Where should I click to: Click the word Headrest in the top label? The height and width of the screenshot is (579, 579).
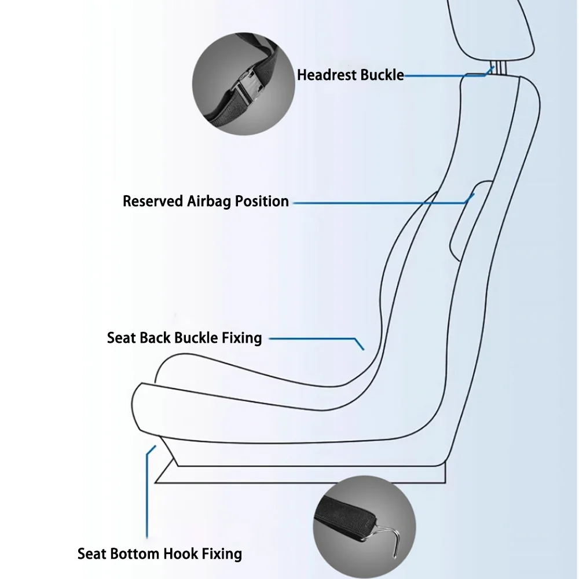click(327, 75)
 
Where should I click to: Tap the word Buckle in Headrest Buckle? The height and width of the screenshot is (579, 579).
click(382, 75)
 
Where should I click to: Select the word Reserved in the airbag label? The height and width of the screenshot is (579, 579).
click(153, 201)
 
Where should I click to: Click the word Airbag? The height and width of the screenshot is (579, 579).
click(209, 202)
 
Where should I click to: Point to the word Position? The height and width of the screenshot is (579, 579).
click(262, 201)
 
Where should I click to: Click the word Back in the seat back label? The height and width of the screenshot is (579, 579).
click(155, 338)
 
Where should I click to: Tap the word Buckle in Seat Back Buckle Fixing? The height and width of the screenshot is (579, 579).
click(196, 338)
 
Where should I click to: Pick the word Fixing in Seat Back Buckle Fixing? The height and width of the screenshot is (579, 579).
click(242, 339)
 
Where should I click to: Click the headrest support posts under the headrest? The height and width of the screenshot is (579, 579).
click(499, 68)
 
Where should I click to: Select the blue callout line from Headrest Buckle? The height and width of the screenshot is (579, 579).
click(449, 76)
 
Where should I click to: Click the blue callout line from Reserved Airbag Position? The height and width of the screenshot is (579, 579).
click(380, 203)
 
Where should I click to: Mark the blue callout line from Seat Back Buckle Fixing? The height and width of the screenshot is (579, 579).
click(317, 338)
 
